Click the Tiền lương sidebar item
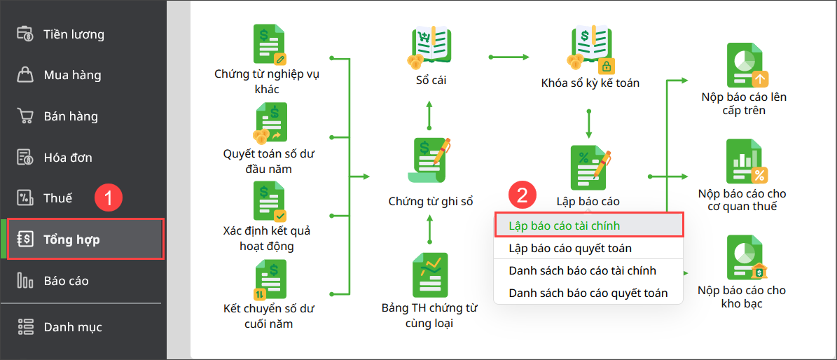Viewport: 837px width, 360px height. [73, 34]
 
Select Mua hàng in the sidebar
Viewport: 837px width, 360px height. [71, 75]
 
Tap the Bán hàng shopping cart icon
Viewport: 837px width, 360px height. [25, 116]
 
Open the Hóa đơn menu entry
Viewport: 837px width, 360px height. [67, 158]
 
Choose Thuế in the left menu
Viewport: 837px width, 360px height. [57, 198]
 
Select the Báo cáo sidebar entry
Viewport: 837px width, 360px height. [65, 281]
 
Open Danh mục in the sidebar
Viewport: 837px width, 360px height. [72, 327]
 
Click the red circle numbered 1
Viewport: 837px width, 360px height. [109, 198]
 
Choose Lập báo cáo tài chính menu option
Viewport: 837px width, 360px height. [564, 226]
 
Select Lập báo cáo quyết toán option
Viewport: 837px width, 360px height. [570, 248]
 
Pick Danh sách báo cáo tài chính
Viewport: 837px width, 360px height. [582, 270]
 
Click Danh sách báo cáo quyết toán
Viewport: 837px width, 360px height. [588, 293]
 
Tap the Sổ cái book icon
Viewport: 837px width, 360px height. [430, 46]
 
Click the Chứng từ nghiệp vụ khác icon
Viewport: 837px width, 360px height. [270, 43]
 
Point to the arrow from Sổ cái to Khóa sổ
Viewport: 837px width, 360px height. [509, 56]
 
